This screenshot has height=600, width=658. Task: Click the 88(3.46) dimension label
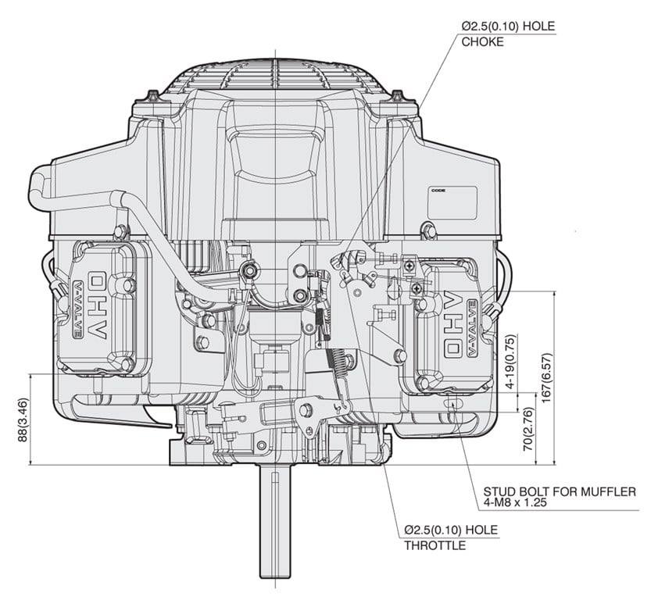tap(23, 421)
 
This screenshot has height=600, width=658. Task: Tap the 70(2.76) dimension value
tap(529, 429)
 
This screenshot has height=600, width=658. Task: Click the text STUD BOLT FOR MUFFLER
tap(559, 491)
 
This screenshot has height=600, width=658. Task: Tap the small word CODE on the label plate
tap(437, 190)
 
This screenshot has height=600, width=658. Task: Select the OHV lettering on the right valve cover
tap(452, 323)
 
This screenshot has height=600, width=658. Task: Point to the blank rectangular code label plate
tap(452, 204)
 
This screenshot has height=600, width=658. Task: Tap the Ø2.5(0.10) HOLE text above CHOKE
tap(507, 27)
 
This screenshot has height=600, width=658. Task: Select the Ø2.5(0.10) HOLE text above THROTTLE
tap(451, 530)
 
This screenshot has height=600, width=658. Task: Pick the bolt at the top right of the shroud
tap(399, 96)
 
